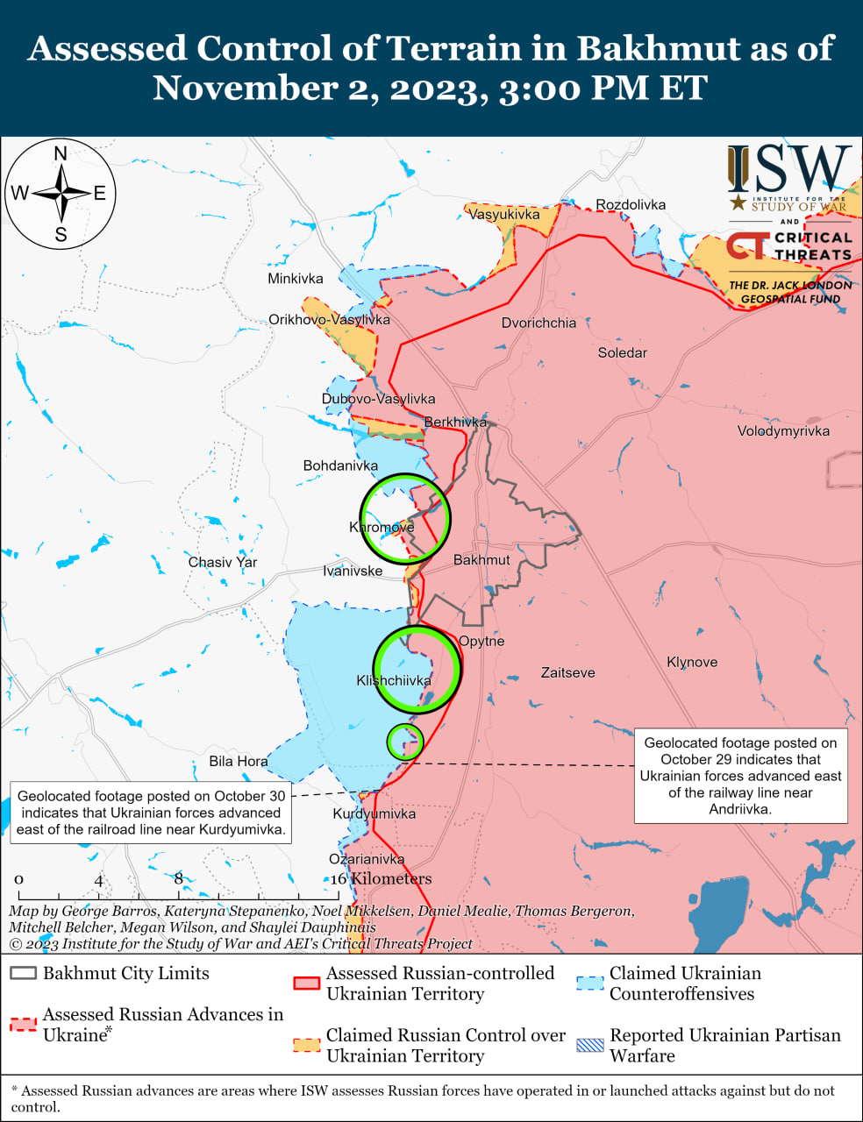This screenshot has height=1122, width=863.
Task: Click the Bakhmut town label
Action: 481,559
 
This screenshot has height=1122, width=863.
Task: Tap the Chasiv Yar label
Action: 223,562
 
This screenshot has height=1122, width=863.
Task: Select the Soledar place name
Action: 623,352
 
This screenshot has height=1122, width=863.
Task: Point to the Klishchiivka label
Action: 394,680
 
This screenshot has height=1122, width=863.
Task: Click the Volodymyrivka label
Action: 783,430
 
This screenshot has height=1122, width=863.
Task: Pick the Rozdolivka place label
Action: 631,204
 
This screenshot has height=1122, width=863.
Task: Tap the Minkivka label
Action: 296,279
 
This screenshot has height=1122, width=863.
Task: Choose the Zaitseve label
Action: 567,672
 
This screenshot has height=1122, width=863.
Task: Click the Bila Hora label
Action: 239,761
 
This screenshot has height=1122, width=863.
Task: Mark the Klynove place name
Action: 692,662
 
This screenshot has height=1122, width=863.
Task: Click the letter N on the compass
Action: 61,154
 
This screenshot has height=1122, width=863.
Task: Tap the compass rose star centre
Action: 61,193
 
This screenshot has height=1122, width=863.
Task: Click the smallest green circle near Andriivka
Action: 405,742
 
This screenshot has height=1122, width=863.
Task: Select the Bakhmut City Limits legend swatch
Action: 23,974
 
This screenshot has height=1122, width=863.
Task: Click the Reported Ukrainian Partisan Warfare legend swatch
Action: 590,1045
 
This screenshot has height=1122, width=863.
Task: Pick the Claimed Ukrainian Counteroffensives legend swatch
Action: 590,983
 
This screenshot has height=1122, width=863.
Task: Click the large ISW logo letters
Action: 789,169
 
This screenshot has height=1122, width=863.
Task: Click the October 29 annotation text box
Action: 740,776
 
